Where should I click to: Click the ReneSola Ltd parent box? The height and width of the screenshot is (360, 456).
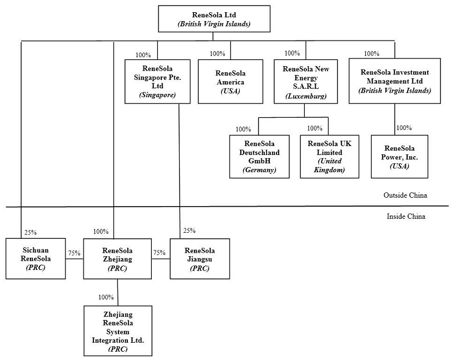(x=214, y=18)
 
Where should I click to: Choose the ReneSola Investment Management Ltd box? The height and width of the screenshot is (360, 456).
(x=395, y=81)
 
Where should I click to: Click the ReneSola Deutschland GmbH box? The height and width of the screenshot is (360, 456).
(x=260, y=156)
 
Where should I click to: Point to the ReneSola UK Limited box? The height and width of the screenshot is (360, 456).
(x=329, y=156)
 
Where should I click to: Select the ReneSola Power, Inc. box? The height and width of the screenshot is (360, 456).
(x=399, y=156)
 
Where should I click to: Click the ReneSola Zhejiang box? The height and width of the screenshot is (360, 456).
(x=117, y=258)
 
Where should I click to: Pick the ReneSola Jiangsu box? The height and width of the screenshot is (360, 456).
(x=199, y=258)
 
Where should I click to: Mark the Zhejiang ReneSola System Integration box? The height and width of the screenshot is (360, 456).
(x=117, y=331)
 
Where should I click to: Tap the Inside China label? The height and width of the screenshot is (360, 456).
(x=406, y=217)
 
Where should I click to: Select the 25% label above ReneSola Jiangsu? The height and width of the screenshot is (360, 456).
(x=190, y=231)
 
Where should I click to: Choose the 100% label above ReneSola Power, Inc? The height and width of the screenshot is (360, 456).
(x=404, y=128)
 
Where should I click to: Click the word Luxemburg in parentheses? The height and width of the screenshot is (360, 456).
(x=305, y=96)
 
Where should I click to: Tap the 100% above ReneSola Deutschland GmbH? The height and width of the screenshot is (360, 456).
(x=244, y=129)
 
